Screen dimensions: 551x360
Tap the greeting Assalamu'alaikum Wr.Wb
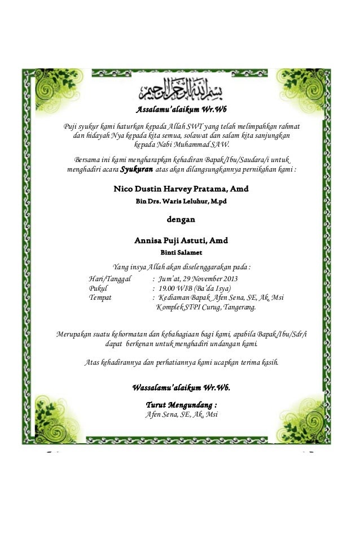click(x=181, y=109)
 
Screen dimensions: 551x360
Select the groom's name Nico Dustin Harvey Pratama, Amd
click(x=181, y=188)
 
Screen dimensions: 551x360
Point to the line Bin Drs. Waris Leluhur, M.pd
click(x=181, y=202)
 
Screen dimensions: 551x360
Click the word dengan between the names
click(x=181, y=220)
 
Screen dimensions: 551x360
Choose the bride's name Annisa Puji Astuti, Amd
click(x=181, y=240)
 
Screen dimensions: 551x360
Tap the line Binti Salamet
click(x=181, y=252)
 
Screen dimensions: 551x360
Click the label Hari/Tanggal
click(x=110, y=279)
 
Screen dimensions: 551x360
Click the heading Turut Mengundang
click(x=181, y=405)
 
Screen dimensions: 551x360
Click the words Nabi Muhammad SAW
click(x=197, y=145)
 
